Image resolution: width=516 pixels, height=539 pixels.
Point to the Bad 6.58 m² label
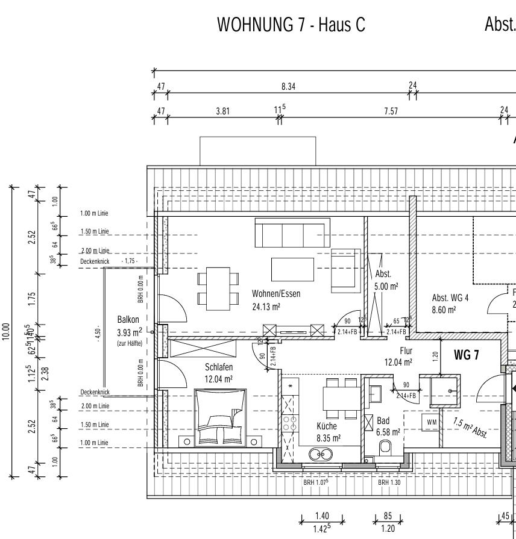388,426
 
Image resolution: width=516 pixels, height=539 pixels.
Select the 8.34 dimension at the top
288,87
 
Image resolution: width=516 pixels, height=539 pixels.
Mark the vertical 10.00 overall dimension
5,331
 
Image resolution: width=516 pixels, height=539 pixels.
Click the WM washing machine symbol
431,422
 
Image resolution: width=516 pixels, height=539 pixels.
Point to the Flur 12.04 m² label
398,357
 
